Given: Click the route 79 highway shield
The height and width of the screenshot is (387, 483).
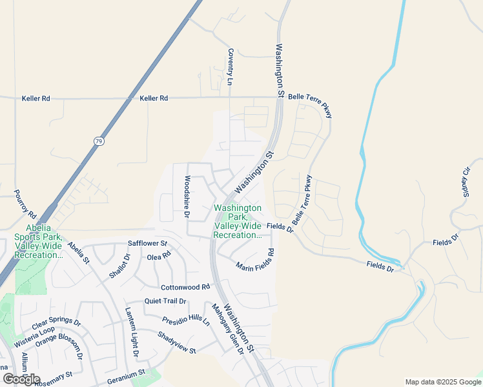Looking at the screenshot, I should (x=98, y=140).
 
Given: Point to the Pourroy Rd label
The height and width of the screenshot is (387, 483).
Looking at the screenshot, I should (x=25, y=204).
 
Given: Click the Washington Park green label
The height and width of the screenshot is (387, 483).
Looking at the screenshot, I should (x=237, y=221).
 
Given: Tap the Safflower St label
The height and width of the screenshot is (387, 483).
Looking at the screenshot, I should (x=147, y=244).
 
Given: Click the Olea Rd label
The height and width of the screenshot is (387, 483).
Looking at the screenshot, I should (x=158, y=256).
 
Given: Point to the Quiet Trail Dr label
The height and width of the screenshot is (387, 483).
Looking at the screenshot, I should (x=165, y=301).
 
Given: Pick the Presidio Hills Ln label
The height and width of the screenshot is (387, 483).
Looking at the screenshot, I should (x=186, y=319).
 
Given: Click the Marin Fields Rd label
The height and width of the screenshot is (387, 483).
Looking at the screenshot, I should (x=256, y=260).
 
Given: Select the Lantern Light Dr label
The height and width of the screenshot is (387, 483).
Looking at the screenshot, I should (x=132, y=332).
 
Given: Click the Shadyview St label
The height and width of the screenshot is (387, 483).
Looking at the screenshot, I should (x=176, y=342).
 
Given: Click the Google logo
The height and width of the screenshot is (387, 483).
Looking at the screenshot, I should (x=21, y=379).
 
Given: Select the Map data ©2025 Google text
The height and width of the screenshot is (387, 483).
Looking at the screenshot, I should (x=442, y=382).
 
